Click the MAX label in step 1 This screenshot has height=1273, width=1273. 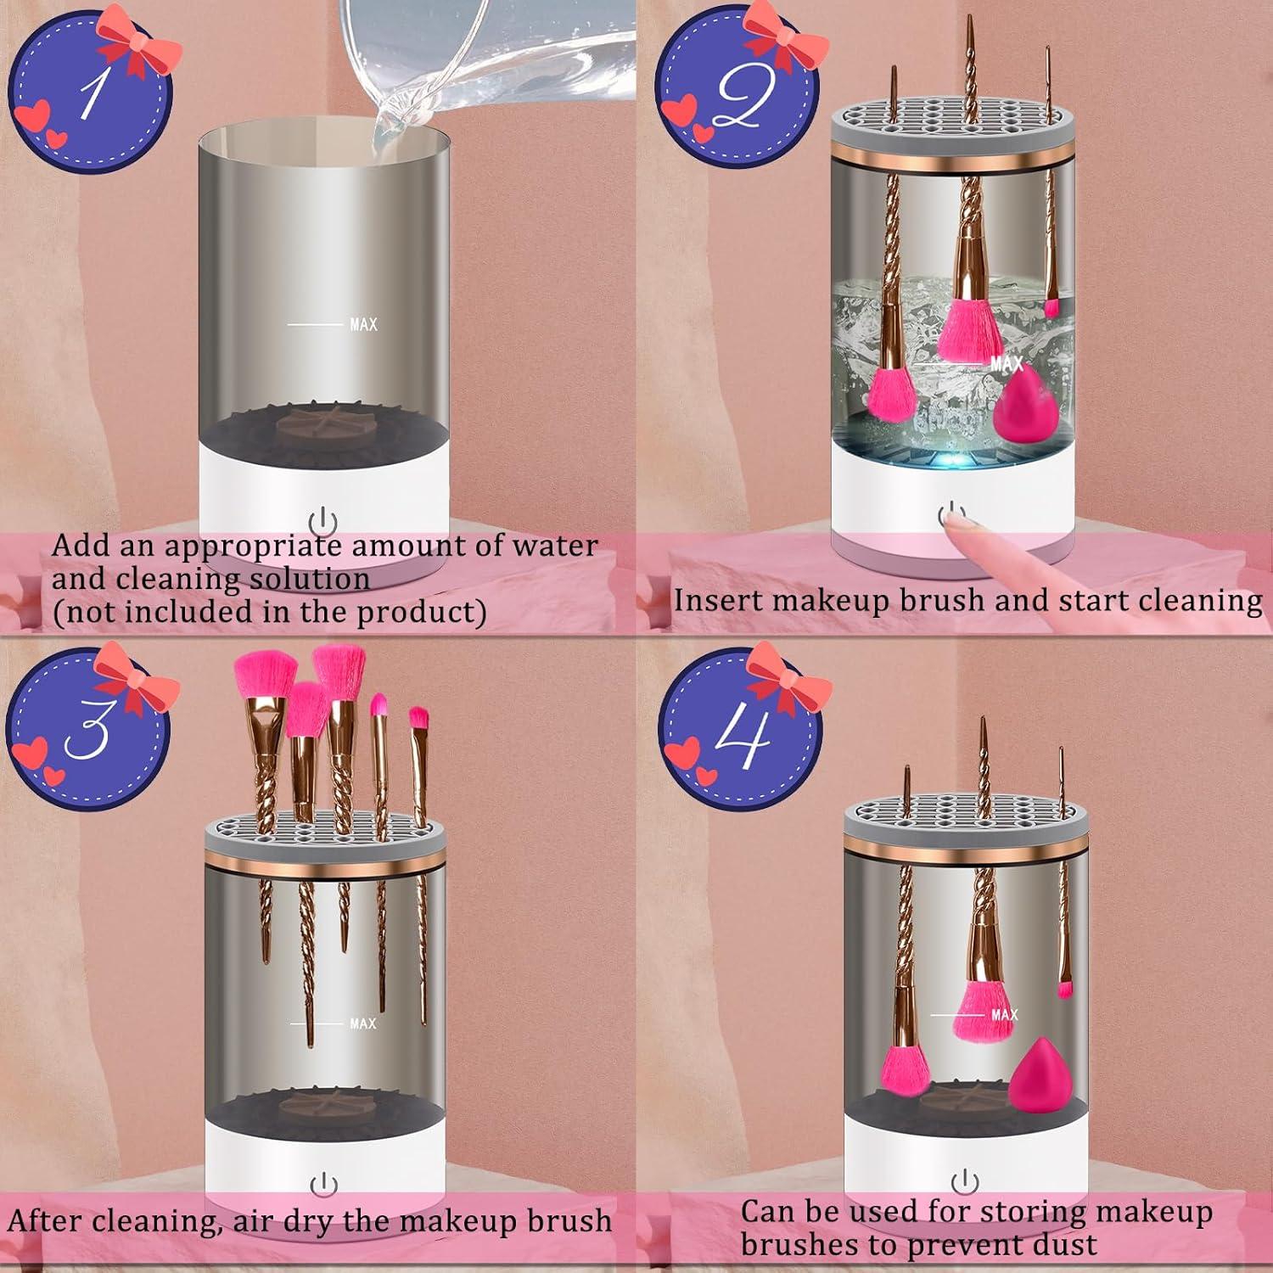click(x=363, y=324)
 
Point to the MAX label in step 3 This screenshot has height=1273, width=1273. click(x=362, y=1023)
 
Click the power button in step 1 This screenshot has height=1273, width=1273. click(x=323, y=521)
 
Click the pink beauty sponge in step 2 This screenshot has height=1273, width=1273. click(x=1024, y=407)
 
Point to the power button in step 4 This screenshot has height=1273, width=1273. click(x=964, y=1180)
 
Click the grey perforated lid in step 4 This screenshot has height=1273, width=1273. click(x=965, y=815)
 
